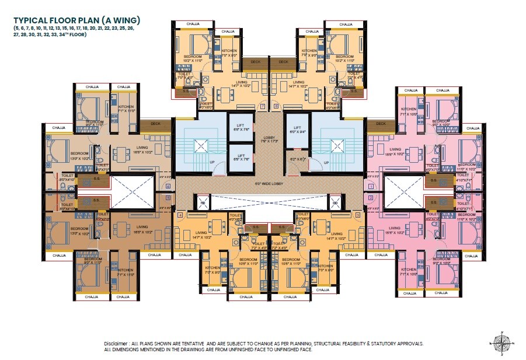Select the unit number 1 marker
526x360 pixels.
(371, 187)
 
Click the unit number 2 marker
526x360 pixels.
(371, 198)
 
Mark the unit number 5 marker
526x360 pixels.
(168, 198)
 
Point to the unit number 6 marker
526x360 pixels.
(168, 187)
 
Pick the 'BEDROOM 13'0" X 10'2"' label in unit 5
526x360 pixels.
(62, 230)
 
